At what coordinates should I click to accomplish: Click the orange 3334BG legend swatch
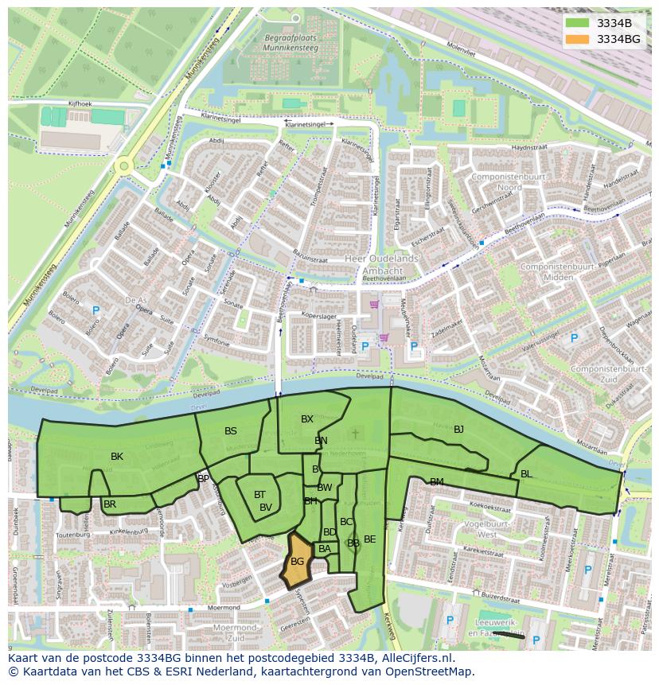578,39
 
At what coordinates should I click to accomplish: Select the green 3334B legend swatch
578,23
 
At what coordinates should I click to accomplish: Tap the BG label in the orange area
298,562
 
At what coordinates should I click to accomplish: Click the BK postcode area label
117,457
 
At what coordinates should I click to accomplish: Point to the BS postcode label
231,431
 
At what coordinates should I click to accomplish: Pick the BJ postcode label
458,430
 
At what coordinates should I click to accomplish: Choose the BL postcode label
526,474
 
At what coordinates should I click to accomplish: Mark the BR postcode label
110,504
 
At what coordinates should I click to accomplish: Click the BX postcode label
307,419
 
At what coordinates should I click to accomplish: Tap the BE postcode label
370,539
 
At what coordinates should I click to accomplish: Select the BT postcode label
259,495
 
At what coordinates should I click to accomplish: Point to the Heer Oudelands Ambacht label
383,264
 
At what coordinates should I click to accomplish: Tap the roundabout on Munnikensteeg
123,166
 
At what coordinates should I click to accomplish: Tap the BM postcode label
437,482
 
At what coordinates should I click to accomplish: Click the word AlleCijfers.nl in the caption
426,658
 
